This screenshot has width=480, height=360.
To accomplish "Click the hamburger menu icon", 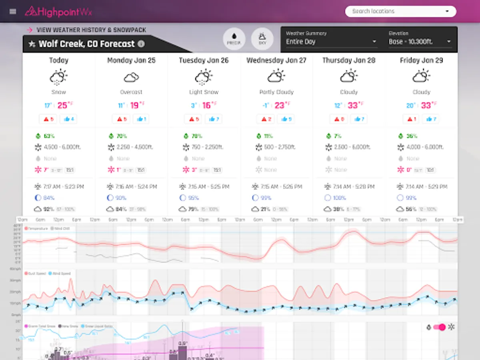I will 13,11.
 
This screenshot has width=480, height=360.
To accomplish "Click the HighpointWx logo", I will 58,12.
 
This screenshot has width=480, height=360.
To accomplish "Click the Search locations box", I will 400,11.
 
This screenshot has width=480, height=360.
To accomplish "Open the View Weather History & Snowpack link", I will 91,30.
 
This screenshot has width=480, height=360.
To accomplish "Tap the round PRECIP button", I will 234,39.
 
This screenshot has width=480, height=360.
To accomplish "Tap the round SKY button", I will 262,39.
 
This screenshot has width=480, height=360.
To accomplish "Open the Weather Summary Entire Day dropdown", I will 331,42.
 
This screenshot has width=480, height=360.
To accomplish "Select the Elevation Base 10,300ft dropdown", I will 420,42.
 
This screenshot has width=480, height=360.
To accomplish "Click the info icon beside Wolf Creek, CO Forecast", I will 141,44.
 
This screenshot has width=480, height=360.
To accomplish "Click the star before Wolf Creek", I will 32,44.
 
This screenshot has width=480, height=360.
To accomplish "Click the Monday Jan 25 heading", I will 131,60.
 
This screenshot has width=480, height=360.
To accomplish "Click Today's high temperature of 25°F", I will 64,106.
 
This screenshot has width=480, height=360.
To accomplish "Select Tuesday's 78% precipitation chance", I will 196,136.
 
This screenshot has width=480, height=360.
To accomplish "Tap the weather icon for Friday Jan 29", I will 421,76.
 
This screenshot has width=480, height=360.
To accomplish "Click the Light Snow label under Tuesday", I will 204,92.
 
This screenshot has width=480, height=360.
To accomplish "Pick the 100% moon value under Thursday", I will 339,198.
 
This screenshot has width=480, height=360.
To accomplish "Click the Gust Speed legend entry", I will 36,274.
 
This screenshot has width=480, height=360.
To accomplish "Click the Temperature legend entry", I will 36,228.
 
